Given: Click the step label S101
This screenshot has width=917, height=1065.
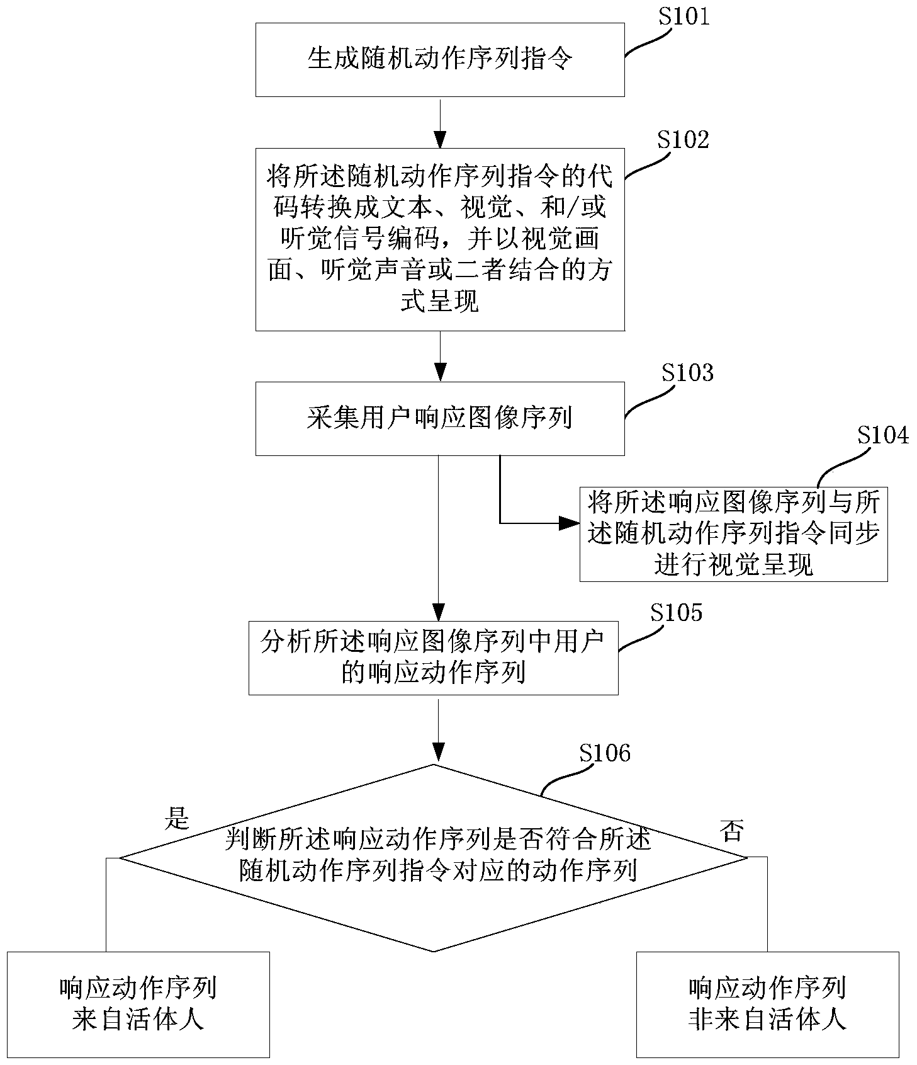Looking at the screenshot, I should click(x=684, y=16).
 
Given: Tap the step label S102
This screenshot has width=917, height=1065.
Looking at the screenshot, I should click(x=683, y=139).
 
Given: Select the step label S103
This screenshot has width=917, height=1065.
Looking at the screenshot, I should click(x=687, y=373).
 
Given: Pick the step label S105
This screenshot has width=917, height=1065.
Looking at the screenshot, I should click(x=676, y=612).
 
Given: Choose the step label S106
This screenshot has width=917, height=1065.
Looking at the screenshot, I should click(x=604, y=753).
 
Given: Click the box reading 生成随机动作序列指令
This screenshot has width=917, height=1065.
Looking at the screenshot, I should click(x=439, y=60).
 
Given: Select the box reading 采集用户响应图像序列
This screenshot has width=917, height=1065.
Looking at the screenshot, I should click(x=439, y=418).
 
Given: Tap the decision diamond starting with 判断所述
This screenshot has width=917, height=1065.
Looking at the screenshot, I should click(x=433, y=857).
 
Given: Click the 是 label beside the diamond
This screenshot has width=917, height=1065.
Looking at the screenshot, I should click(x=177, y=818).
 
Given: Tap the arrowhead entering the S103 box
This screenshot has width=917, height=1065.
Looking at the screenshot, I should click(x=439, y=373).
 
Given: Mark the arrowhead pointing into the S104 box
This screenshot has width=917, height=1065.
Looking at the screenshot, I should click(x=570, y=523).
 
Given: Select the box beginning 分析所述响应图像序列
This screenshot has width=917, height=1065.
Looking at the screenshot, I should click(x=433, y=658).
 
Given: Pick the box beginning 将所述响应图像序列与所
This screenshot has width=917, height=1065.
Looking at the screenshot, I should click(x=733, y=533).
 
